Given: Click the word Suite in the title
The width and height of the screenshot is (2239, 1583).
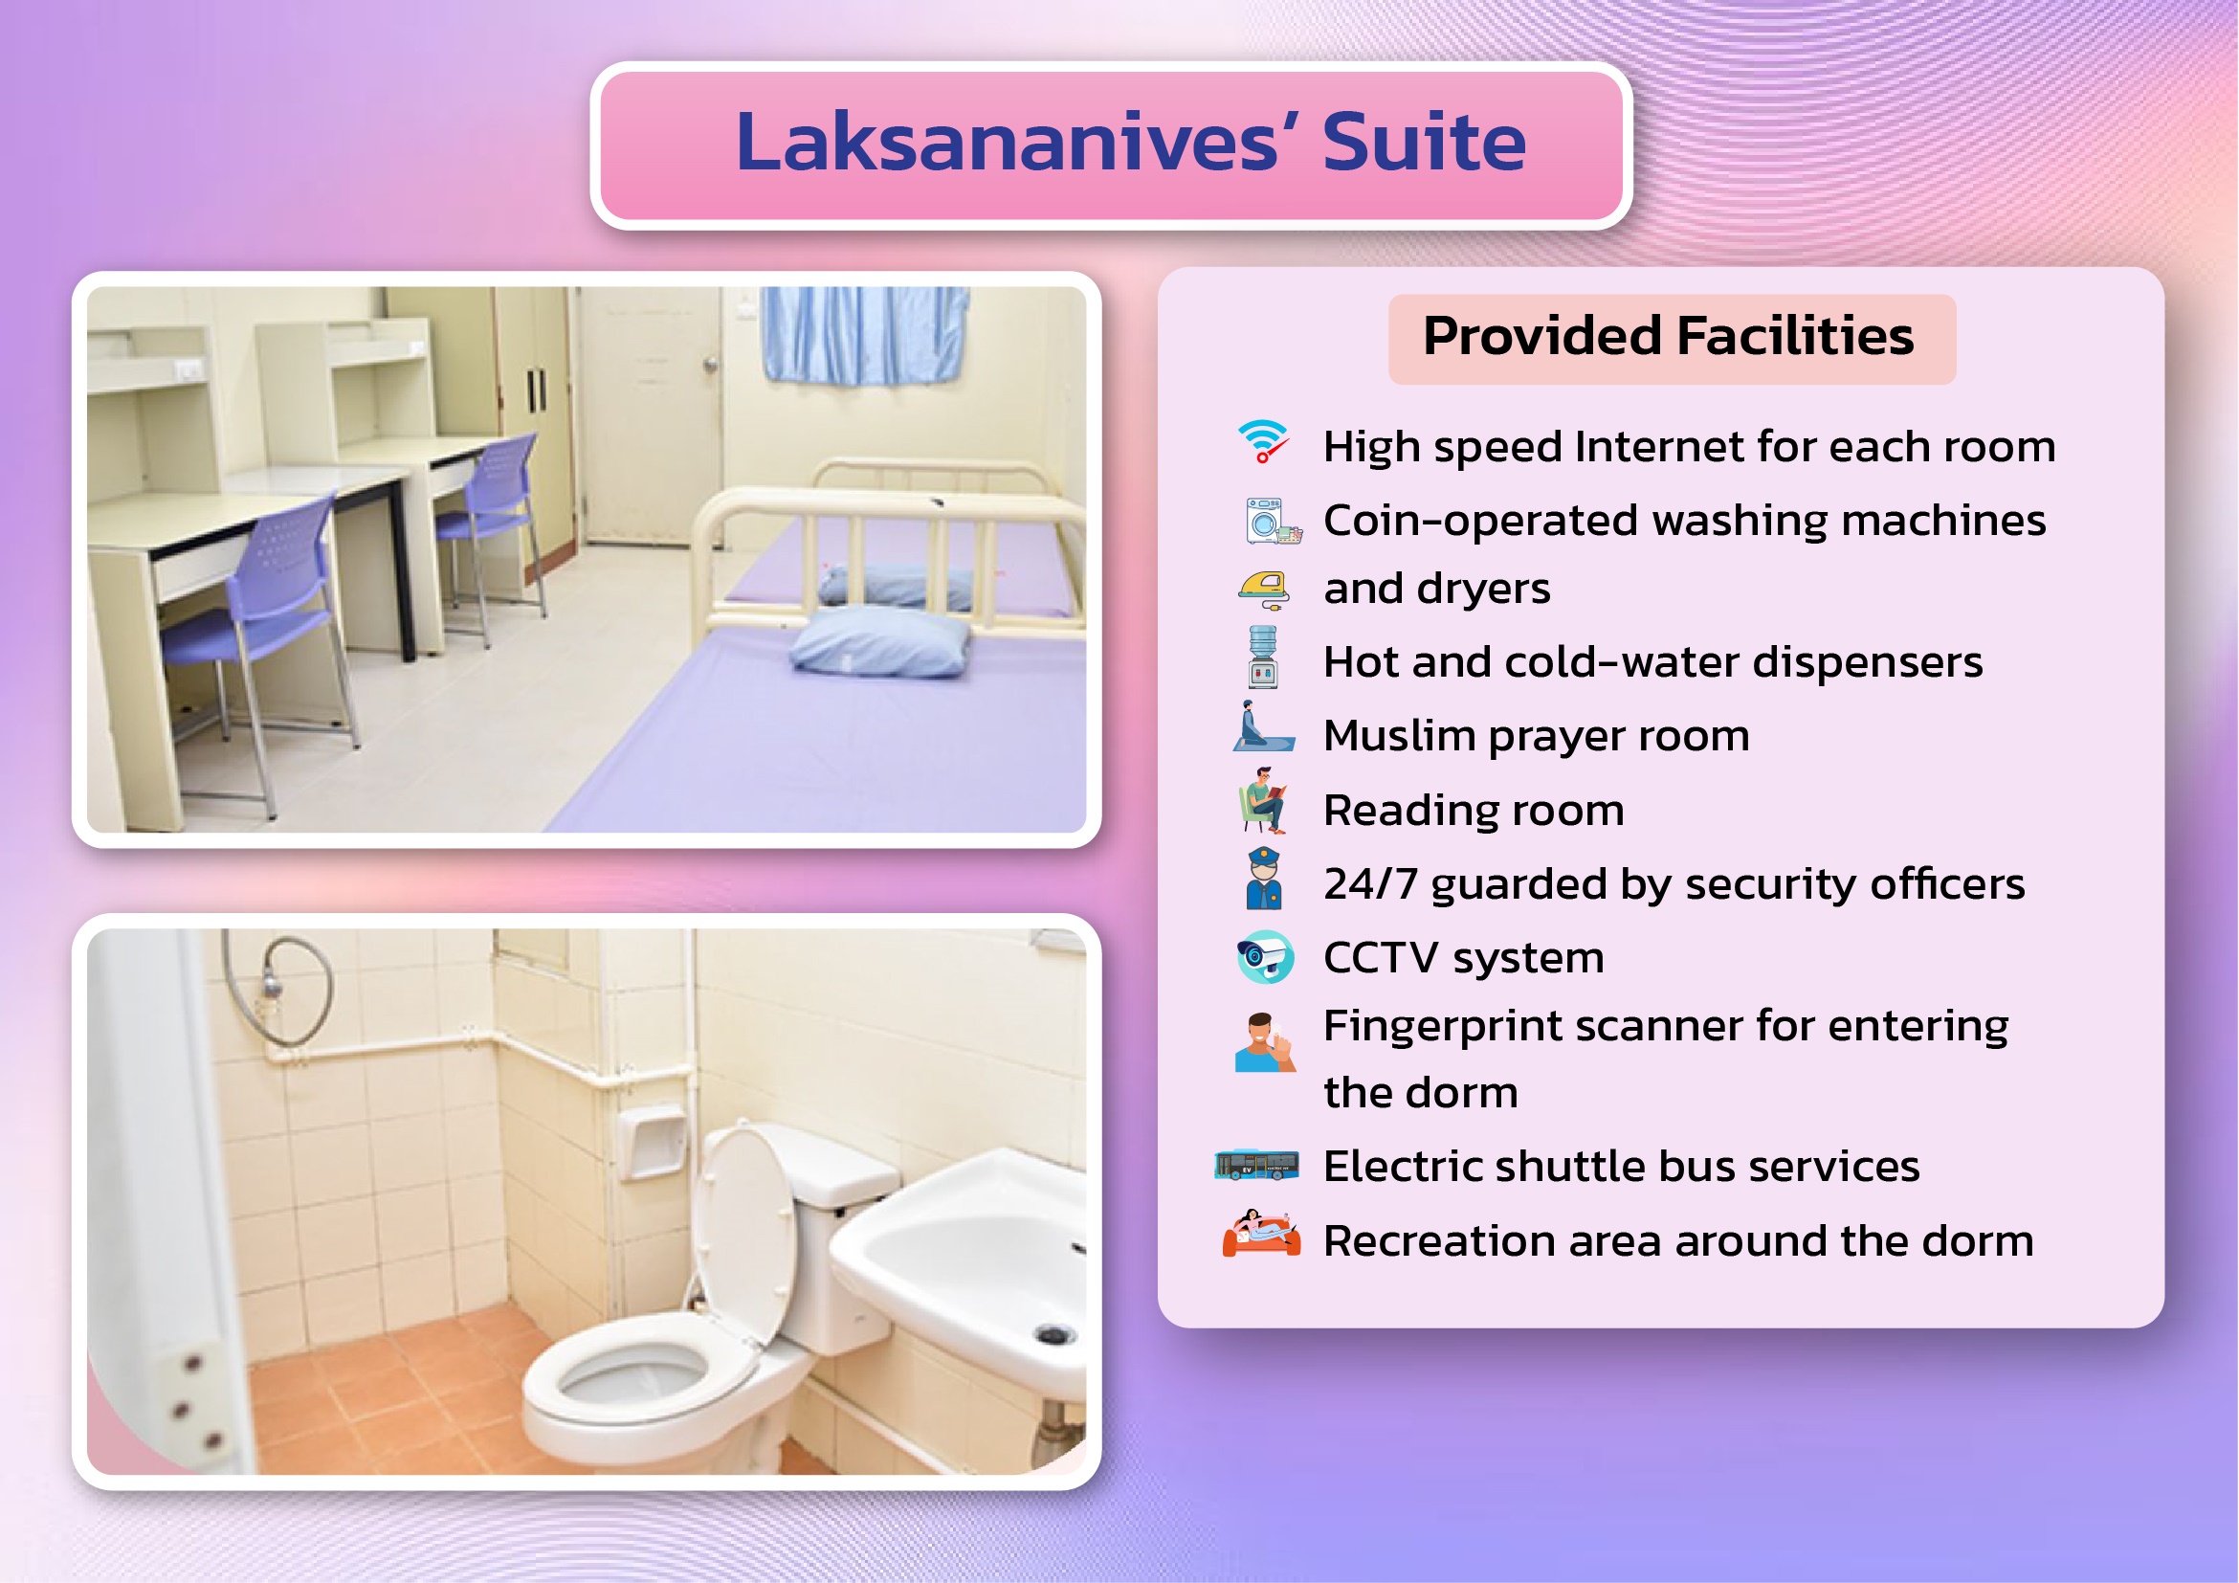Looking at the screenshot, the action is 1424,143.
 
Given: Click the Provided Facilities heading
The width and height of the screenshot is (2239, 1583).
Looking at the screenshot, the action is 1669,337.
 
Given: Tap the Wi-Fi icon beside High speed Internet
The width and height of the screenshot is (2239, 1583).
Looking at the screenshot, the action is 1263,442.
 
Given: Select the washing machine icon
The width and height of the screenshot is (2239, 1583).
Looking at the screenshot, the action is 1272,520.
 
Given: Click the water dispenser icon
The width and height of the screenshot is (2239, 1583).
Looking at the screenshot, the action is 1263,657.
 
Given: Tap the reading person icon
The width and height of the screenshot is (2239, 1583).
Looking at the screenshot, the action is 1264,800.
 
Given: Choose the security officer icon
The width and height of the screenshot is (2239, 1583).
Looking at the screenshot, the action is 1264,879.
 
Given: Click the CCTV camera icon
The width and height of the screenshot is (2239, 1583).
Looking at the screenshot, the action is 1265,957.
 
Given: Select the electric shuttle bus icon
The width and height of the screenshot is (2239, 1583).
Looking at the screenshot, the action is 1256,1165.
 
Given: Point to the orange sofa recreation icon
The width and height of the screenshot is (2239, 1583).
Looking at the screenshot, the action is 1261,1233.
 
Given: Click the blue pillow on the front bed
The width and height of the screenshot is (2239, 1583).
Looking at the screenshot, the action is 880,641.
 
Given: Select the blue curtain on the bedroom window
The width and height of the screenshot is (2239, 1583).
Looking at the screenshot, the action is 864,335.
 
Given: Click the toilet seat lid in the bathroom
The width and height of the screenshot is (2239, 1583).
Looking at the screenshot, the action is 744,1235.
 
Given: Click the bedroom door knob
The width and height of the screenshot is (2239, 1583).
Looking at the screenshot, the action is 710,365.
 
